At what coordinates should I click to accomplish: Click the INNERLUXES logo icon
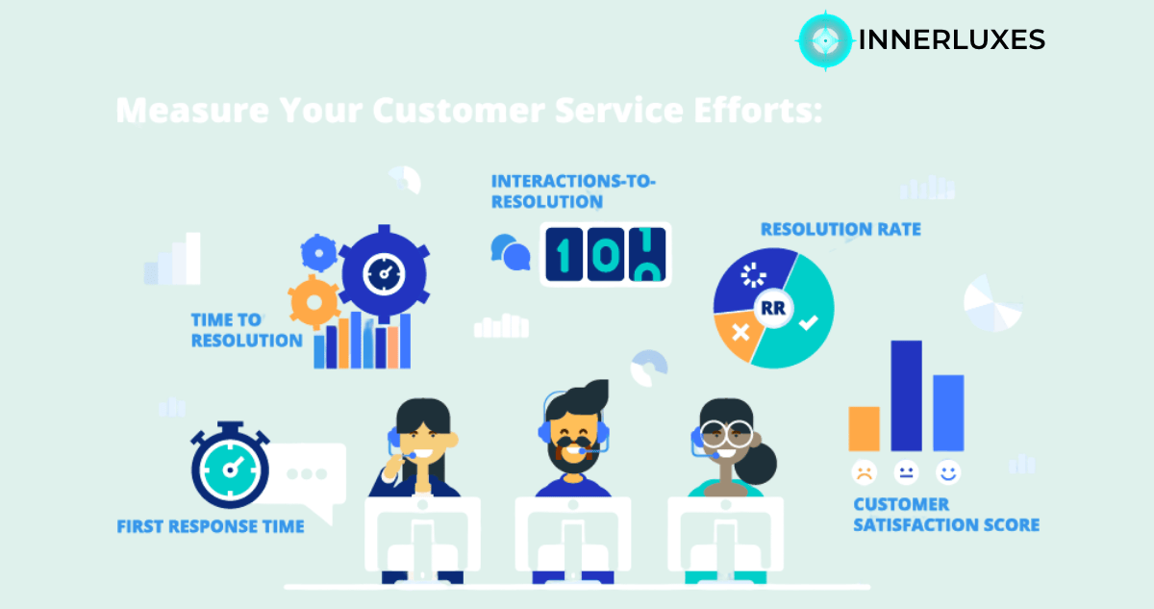coord(824,39)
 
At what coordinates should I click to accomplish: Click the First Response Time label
coord(211,526)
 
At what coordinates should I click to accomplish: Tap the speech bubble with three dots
coord(309,474)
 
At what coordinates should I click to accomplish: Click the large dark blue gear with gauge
coord(384,273)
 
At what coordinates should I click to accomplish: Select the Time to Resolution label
coord(246,330)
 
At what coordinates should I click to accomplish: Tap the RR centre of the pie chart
coord(771,309)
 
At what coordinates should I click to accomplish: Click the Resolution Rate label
coord(840,229)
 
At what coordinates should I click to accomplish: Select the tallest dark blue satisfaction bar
coord(906,395)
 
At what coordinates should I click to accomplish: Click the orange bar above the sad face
coord(864,428)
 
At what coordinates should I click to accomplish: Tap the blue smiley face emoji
coord(948,472)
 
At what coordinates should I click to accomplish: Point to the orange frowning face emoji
coord(864,472)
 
